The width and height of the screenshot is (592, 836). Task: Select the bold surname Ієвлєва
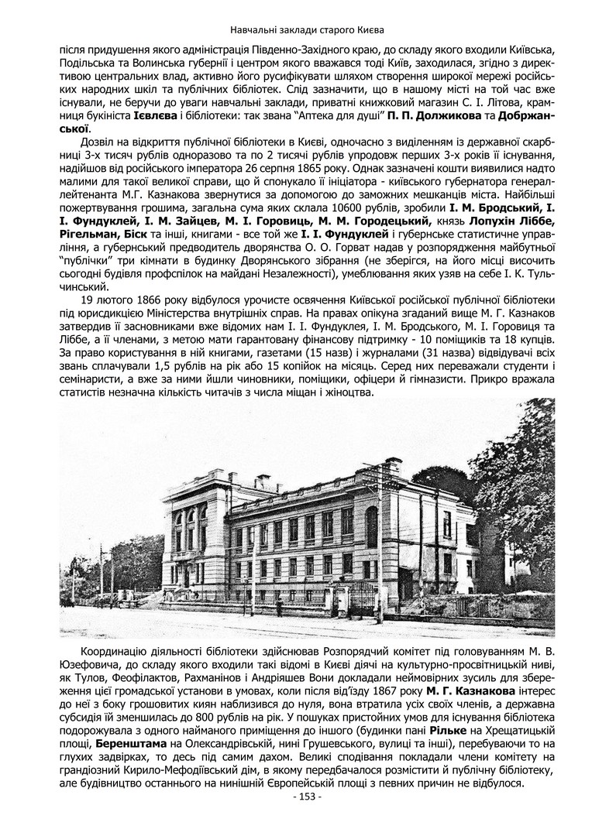pos(155,115)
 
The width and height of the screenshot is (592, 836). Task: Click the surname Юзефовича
pos(89,662)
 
